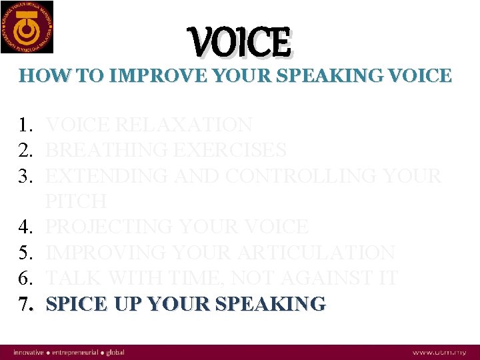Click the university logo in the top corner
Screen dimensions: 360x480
point(27,27)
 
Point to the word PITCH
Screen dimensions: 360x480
point(76,201)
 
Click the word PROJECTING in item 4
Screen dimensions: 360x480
point(111,227)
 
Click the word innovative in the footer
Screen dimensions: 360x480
point(29,352)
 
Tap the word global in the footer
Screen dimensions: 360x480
point(115,352)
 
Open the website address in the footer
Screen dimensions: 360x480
point(439,352)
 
